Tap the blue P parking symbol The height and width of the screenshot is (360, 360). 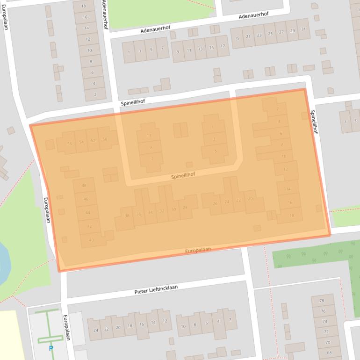50,348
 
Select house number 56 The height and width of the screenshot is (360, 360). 70,144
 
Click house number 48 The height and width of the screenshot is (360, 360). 84,186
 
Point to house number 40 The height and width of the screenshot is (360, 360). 91,240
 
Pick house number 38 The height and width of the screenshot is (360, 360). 127,216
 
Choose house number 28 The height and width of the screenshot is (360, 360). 185,208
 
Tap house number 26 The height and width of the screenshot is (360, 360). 215,203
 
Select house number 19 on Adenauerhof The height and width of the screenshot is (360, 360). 237,38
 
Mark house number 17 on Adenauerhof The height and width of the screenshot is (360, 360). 223,46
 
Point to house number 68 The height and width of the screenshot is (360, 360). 329,353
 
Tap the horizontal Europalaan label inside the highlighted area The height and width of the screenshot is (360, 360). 198,251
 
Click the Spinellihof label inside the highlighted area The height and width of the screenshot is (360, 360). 183,176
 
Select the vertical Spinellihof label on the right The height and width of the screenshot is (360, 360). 314,122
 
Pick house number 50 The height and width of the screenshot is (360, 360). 105,139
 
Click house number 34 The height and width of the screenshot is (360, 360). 150,212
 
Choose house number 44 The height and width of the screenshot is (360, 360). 87,213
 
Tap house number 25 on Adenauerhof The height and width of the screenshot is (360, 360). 270,34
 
